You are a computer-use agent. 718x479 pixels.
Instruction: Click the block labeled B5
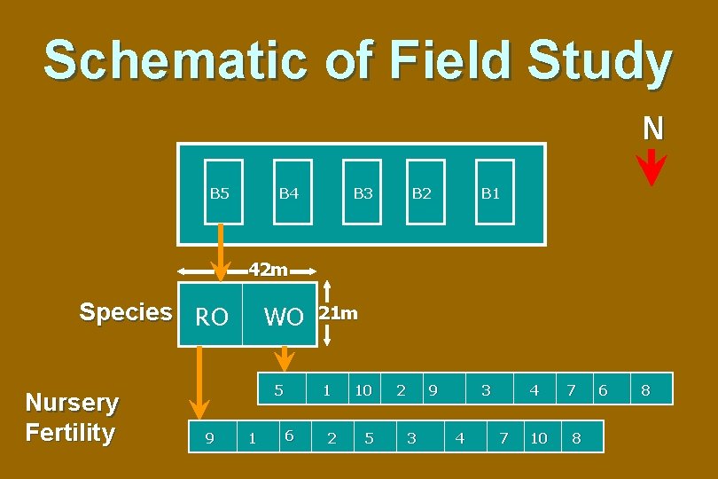pos(220,192)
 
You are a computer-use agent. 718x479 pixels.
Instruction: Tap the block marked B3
pos(362,192)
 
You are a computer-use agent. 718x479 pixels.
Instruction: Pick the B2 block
pos(424,192)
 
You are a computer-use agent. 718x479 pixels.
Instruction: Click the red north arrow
pos(652,167)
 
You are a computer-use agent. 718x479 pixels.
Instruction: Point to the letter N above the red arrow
pos(652,130)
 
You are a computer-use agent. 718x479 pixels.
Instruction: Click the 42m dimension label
pos(268,269)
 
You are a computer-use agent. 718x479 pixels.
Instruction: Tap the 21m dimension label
pos(339,313)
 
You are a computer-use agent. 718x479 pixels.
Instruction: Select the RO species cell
pos(211,317)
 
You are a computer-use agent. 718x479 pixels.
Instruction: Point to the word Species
pos(126,312)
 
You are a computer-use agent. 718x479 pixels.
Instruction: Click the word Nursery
pos(72,403)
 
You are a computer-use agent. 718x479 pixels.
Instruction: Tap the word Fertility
pos(70,433)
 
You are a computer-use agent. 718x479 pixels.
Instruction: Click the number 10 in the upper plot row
pos(363,390)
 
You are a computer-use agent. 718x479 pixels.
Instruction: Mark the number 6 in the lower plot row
pos(288,435)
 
